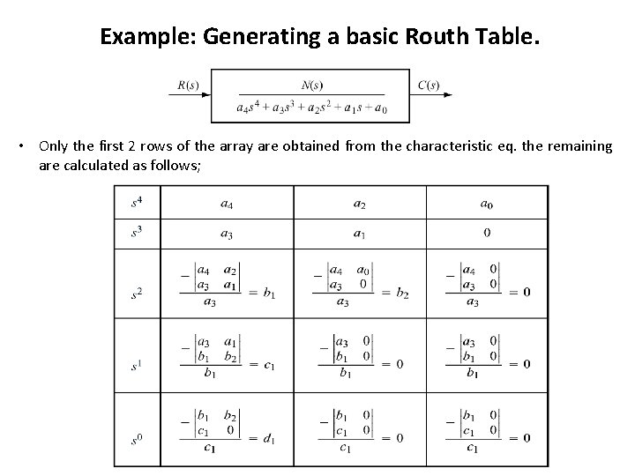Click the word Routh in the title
tap(414, 38)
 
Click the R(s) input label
tap(187, 86)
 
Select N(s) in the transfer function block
tap(311, 85)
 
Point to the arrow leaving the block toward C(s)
tap(401, 95)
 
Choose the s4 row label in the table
tap(137, 204)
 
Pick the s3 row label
tap(137, 234)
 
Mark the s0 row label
tap(137, 437)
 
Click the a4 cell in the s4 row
tap(228, 204)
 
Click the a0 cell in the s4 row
tap(486, 204)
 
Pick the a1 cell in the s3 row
tap(360, 234)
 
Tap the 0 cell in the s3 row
tap(487, 234)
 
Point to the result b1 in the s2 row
tap(268, 292)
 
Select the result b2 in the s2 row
tap(402, 292)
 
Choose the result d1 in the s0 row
tap(268, 438)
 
